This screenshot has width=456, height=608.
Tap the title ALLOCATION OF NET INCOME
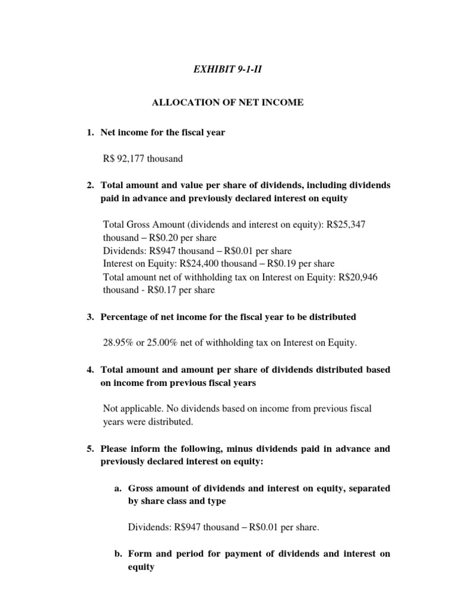pyautogui.click(x=227, y=103)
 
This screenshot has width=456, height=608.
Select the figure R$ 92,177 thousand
pyautogui.click(x=143, y=159)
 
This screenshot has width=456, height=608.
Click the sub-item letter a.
pyautogui.click(x=118, y=488)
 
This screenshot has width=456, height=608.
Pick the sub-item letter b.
pyautogui.click(x=118, y=554)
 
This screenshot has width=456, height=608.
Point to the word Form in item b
pyautogui.click(x=140, y=554)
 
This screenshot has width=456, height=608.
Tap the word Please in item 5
pyautogui.click(x=115, y=449)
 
